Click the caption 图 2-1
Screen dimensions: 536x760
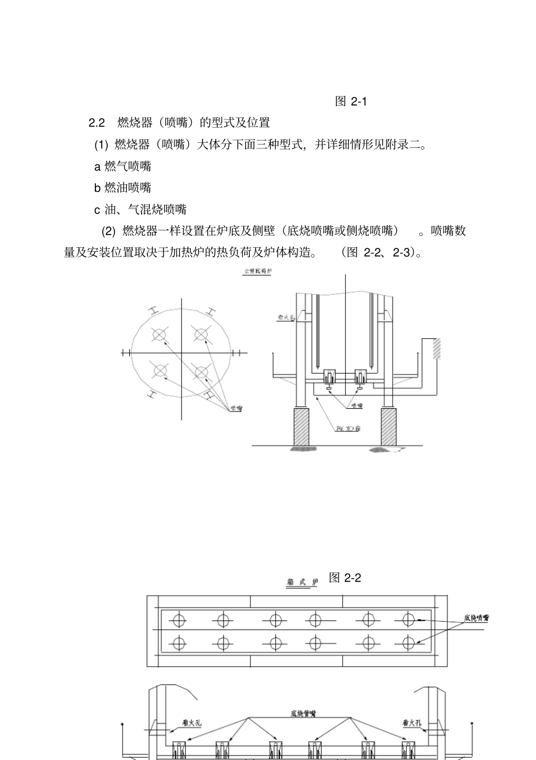point(350,102)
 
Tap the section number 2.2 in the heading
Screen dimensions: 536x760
point(97,123)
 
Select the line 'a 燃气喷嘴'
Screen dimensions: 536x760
point(122,166)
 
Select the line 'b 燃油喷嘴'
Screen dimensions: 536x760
point(122,187)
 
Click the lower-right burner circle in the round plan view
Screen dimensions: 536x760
point(201,371)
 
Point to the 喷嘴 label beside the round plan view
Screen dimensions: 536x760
point(235,408)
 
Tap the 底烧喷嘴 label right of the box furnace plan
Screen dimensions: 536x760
point(476,618)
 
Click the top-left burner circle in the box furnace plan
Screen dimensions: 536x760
point(178,619)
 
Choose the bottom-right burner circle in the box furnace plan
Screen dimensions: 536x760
point(408,643)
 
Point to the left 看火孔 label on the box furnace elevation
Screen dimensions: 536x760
point(191,722)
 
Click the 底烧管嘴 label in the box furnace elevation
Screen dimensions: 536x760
point(303,714)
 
